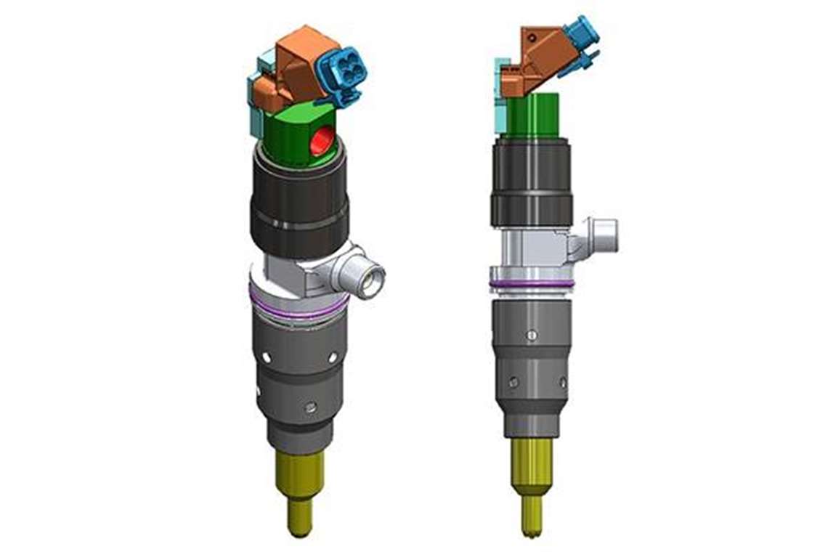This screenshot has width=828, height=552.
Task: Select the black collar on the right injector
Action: [531, 182]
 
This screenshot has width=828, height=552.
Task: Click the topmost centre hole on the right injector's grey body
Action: [532, 335]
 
